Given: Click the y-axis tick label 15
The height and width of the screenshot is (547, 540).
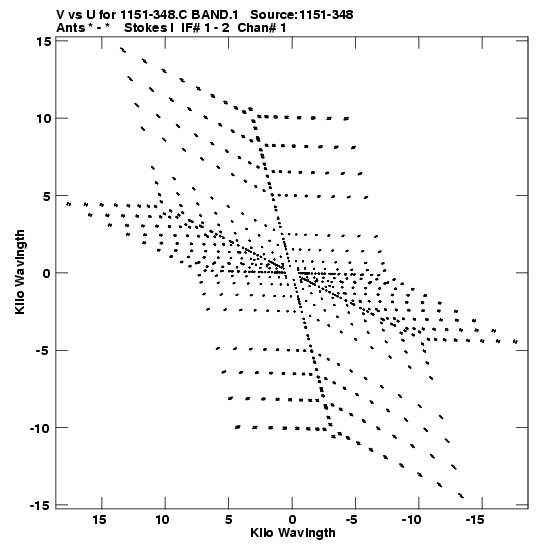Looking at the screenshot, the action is click(x=44, y=42).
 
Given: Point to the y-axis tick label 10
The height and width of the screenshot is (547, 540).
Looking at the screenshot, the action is click(x=44, y=119).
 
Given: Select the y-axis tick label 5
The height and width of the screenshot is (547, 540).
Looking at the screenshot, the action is click(x=47, y=196).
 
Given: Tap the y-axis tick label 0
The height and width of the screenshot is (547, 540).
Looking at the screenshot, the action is click(x=47, y=273).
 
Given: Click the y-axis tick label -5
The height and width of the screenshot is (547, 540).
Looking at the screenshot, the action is click(x=43, y=351).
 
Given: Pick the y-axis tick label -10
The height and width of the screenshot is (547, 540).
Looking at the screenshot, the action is click(x=39, y=428).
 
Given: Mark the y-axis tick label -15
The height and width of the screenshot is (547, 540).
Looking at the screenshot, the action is click(x=39, y=505).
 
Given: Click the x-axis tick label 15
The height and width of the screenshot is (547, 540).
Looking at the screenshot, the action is click(x=99, y=520).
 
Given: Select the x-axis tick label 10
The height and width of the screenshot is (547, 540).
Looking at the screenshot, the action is click(x=163, y=520).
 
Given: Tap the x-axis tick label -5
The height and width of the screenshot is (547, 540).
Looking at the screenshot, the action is click(x=352, y=520).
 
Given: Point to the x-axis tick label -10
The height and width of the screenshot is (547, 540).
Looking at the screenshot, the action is click(x=412, y=520).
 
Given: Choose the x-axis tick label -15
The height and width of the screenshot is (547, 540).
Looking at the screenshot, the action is click(x=475, y=520).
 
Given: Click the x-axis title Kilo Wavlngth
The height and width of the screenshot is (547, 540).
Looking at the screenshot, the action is click(x=293, y=533).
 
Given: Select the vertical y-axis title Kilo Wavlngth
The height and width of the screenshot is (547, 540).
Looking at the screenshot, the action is click(x=20, y=272).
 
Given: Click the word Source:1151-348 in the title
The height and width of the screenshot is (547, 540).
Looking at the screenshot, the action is click(x=302, y=15).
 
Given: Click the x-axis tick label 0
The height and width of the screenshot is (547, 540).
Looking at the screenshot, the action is click(x=292, y=520).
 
